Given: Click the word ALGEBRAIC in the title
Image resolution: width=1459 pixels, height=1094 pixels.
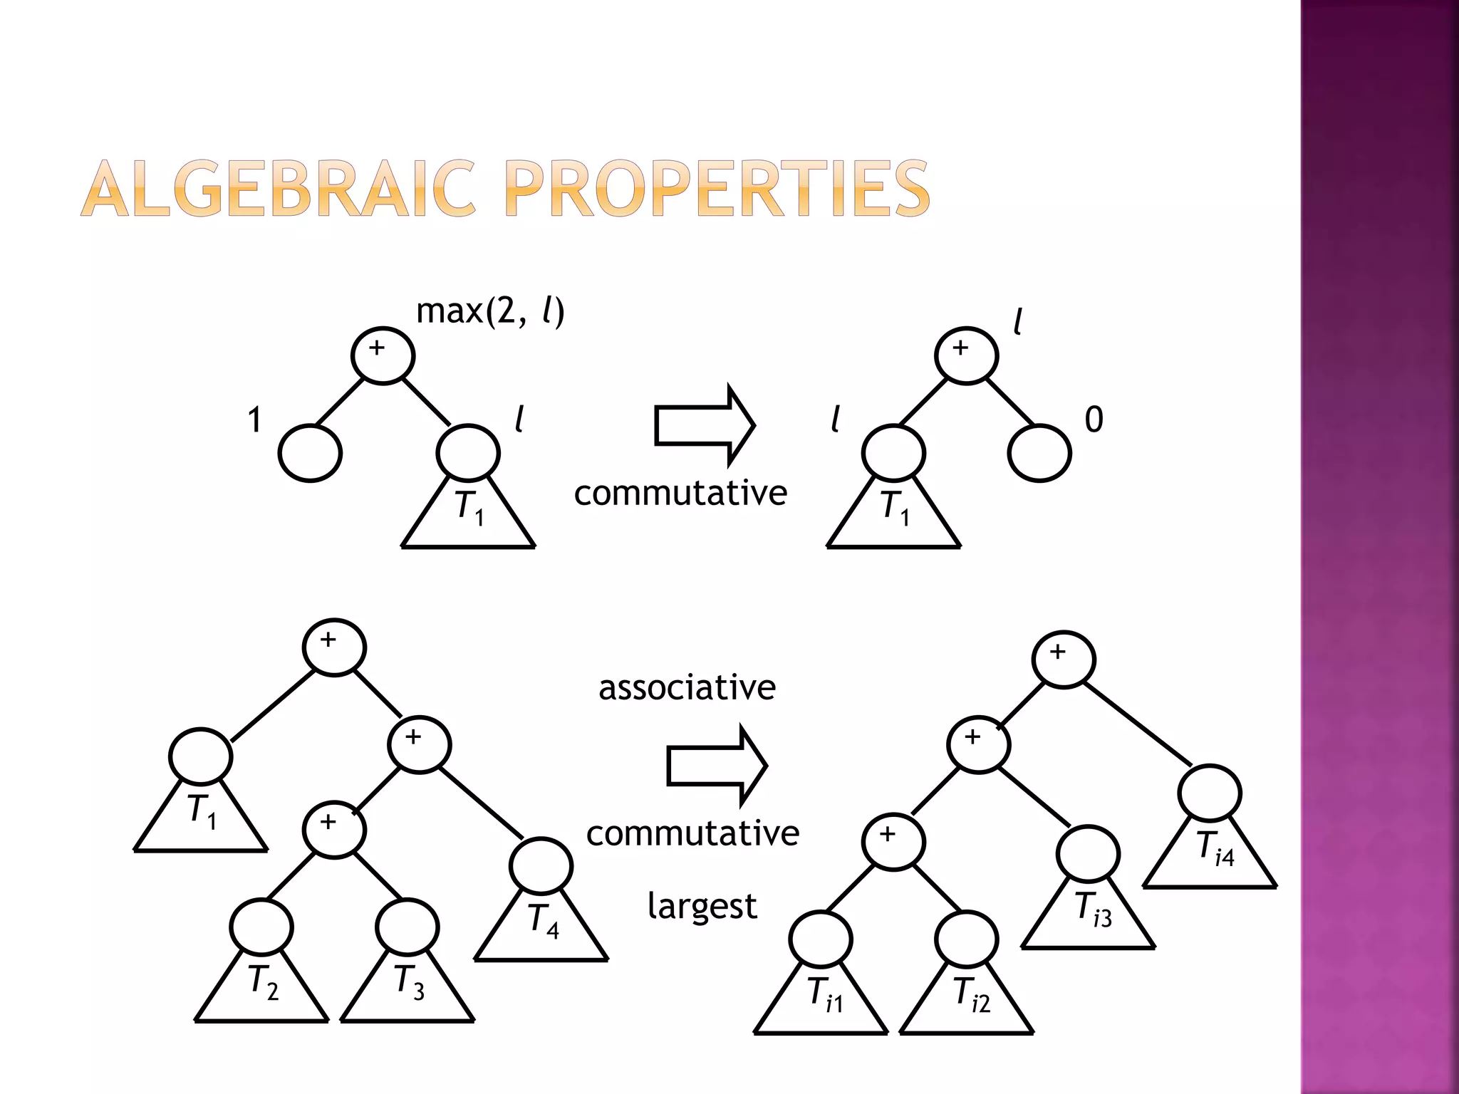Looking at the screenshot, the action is click(278, 189).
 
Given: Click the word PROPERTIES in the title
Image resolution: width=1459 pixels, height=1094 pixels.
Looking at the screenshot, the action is click(717, 189).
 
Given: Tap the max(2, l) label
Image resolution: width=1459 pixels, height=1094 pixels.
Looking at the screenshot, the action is click(490, 311).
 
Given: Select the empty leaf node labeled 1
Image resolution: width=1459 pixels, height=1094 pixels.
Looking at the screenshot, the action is click(310, 453).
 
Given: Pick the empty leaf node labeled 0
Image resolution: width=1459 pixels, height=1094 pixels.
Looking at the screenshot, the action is click(1039, 453).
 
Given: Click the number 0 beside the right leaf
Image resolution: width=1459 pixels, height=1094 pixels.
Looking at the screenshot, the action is click(1094, 420).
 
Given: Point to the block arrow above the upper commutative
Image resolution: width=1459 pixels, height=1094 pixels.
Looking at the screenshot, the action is click(704, 425).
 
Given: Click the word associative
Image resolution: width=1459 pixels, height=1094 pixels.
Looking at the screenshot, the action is click(687, 688).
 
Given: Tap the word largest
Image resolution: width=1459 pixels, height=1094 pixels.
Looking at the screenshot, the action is click(702, 907).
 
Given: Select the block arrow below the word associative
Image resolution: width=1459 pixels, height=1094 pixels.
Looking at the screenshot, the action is click(717, 766).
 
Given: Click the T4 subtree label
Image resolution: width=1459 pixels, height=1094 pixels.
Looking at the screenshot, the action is click(544, 921).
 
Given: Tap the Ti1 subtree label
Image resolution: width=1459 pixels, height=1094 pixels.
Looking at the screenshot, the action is click(825, 994).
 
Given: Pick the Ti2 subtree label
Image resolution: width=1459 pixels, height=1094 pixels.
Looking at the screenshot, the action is click(971, 994).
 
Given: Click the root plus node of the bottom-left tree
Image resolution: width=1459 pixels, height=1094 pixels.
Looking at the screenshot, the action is click(334, 647).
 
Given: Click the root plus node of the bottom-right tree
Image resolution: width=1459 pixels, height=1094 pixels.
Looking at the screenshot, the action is click(1064, 659).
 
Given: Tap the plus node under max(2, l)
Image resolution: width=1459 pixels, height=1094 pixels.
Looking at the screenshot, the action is click(383, 355).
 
